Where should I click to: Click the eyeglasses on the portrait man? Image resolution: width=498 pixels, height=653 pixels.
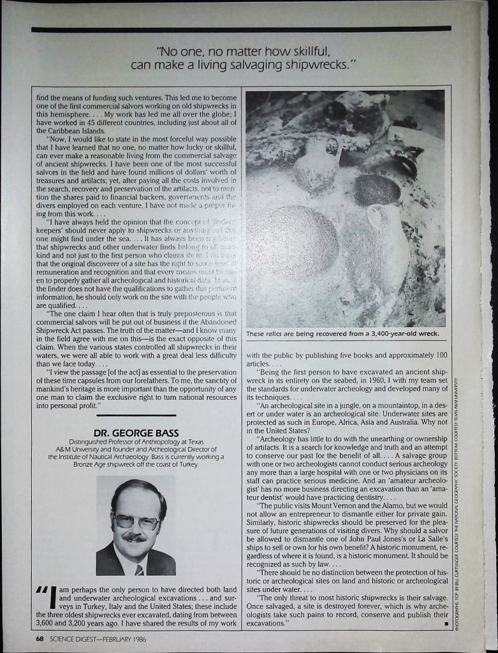[x=135, y=522]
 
